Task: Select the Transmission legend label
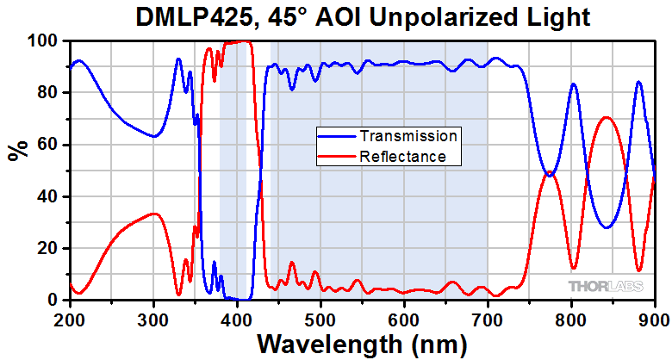(408, 136)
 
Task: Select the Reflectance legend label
(403, 156)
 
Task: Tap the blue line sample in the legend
(336, 136)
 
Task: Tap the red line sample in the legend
(336, 156)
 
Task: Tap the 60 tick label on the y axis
(48, 145)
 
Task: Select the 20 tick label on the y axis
(48, 248)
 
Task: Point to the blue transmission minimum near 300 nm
(152, 136)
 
